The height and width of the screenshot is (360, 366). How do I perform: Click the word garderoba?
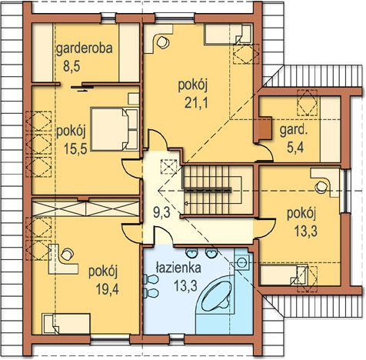(x=85, y=48)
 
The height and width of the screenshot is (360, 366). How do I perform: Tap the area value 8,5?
(x=72, y=66)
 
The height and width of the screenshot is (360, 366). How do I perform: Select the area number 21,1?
(x=196, y=103)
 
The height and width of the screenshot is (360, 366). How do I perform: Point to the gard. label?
(x=294, y=130)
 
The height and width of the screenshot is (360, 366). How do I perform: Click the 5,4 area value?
(x=295, y=147)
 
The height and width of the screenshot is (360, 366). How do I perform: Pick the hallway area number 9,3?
(x=161, y=212)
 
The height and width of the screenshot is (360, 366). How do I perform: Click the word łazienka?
(x=178, y=268)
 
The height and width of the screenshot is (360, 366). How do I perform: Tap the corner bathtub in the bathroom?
(x=215, y=298)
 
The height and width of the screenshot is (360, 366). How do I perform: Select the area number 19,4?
(x=108, y=290)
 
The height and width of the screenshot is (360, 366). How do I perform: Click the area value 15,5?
(x=75, y=148)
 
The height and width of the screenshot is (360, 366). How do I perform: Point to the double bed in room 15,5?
(x=115, y=129)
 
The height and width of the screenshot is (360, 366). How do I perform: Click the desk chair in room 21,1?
(x=162, y=42)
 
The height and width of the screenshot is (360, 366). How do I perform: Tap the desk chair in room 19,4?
(x=67, y=255)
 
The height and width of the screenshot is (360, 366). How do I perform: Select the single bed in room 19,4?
(x=66, y=324)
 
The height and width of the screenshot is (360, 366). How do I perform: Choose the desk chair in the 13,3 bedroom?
(x=321, y=187)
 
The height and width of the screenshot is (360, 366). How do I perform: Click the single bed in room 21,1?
(x=228, y=34)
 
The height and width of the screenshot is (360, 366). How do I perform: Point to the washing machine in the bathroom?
(x=241, y=262)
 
